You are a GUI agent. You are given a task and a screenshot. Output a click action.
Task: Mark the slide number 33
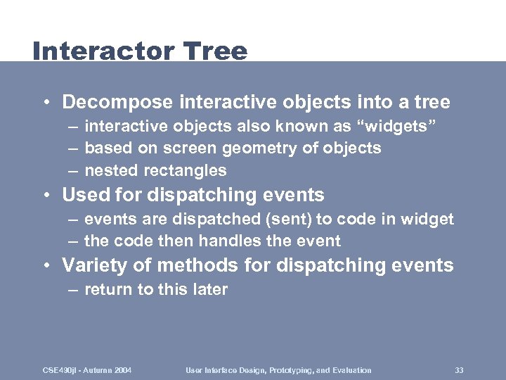coord(459,370)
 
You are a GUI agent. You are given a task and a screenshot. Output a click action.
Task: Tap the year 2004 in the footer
coord(122,370)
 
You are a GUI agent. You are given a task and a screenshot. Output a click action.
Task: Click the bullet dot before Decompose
coord(45,103)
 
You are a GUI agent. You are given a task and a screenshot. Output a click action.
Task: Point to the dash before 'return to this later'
coord(73,289)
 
